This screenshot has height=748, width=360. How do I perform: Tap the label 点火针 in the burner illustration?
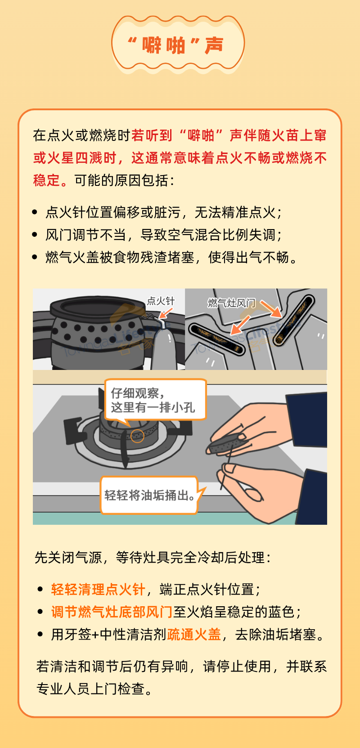(x=161, y=301)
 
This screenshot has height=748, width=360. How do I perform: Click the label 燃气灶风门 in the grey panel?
(x=231, y=303)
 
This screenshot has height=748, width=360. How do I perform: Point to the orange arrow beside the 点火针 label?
(x=166, y=313)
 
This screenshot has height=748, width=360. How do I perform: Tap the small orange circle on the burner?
(x=137, y=436)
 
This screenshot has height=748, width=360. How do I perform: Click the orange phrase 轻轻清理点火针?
(x=98, y=590)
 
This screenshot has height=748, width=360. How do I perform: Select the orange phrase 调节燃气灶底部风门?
(x=112, y=612)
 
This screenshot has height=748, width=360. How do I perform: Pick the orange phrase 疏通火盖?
(x=194, y=634)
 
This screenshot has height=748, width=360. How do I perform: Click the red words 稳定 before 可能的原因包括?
(x=46, y=180)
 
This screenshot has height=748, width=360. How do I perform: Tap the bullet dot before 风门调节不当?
(x=35, y=235)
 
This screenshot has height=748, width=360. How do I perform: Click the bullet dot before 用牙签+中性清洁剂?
(x=40, y=634)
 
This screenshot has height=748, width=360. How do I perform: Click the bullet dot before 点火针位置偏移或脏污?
(x=35, y=212)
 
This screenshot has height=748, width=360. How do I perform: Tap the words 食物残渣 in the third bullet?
(x=126, y=257)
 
